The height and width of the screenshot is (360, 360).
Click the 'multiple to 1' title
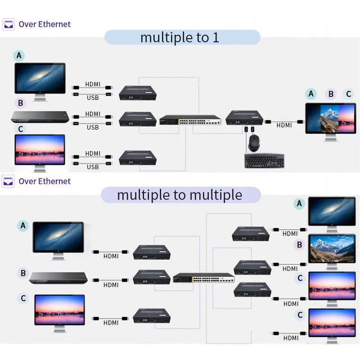[180, 37]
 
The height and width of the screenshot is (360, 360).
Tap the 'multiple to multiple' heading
[180, 194]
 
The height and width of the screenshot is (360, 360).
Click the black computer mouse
[253, 143]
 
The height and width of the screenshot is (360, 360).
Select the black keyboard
[264, 161]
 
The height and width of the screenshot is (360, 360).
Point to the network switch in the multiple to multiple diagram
[204, 278]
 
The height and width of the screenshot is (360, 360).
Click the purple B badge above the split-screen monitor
[331, 94]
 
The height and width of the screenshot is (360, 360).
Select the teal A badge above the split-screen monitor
[311, 94]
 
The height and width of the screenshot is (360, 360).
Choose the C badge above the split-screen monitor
[348, 94]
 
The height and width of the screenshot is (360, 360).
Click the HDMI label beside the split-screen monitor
[284, 126]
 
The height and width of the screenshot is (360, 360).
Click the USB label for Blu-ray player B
[92, 127]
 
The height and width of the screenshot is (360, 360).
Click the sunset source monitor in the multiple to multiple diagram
[59, 310]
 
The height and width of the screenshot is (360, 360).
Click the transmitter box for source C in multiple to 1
[138, 158]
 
